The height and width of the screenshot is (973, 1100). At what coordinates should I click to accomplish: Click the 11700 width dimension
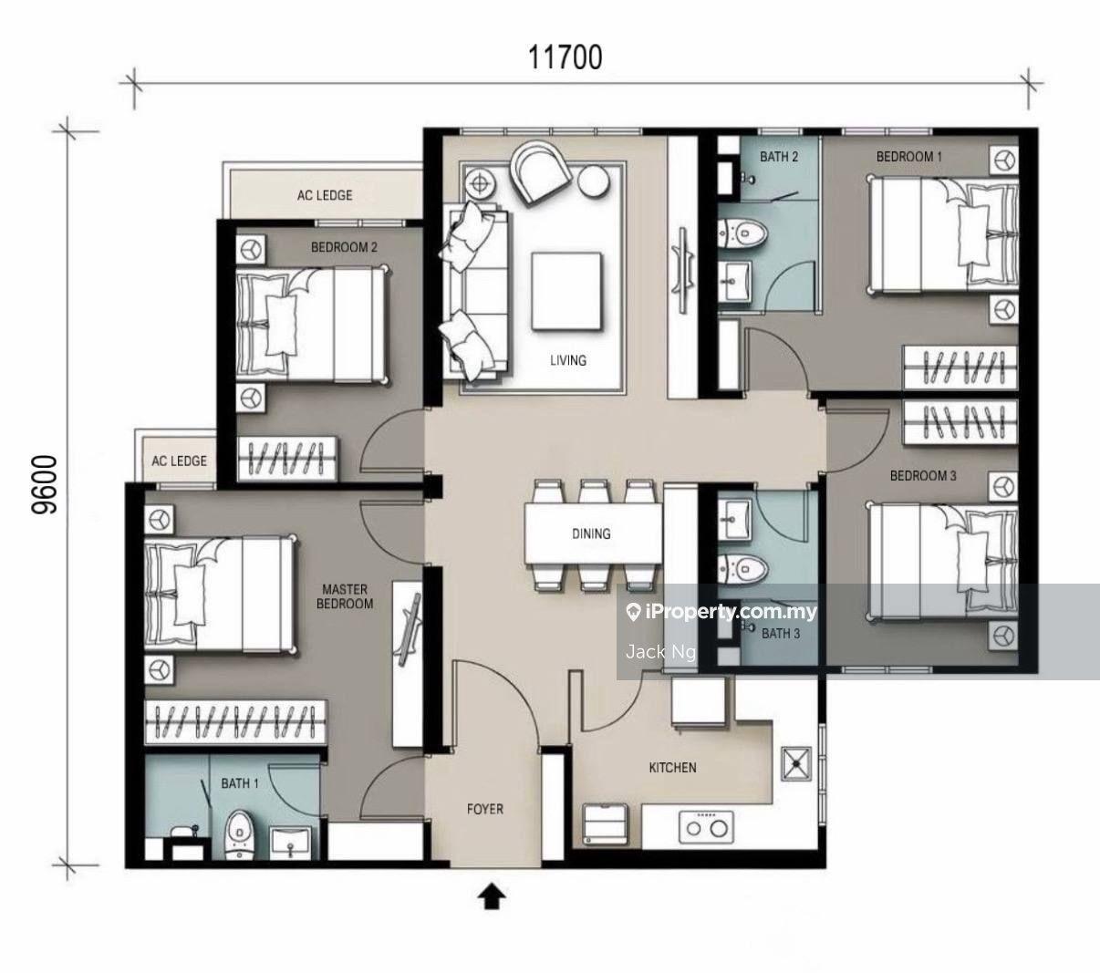coord(566,57)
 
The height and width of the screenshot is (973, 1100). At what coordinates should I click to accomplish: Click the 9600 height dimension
coord(44,485)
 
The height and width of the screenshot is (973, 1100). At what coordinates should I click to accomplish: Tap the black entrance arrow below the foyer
coord(492,898)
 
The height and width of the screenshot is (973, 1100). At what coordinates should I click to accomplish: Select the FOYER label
coord(485,810)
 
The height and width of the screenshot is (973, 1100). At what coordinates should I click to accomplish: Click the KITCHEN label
coord(673,768)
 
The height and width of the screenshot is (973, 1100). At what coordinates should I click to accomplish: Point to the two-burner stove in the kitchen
coord(706,828)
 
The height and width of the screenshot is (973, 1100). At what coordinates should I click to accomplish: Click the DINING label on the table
coord(591,534)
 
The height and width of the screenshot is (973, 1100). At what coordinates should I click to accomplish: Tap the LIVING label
coord(568,360)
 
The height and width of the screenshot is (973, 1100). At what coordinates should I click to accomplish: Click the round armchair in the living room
coord(540,172)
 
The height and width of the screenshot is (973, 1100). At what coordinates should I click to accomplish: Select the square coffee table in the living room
coord(566,292)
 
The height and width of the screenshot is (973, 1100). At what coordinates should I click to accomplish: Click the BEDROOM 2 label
coord(344,248)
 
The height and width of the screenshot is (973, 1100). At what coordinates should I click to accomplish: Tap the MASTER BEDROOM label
coord(345,596)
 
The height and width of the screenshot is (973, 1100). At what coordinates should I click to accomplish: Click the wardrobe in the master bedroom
coord(235,722)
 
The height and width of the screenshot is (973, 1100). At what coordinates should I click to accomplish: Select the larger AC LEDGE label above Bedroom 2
coord(325,195)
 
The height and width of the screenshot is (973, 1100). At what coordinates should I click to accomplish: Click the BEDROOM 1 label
coord(908,157)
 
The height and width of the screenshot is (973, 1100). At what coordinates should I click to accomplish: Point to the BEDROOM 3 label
coord(923,476)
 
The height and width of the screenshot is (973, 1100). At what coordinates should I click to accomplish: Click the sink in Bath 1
coord(290,843)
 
